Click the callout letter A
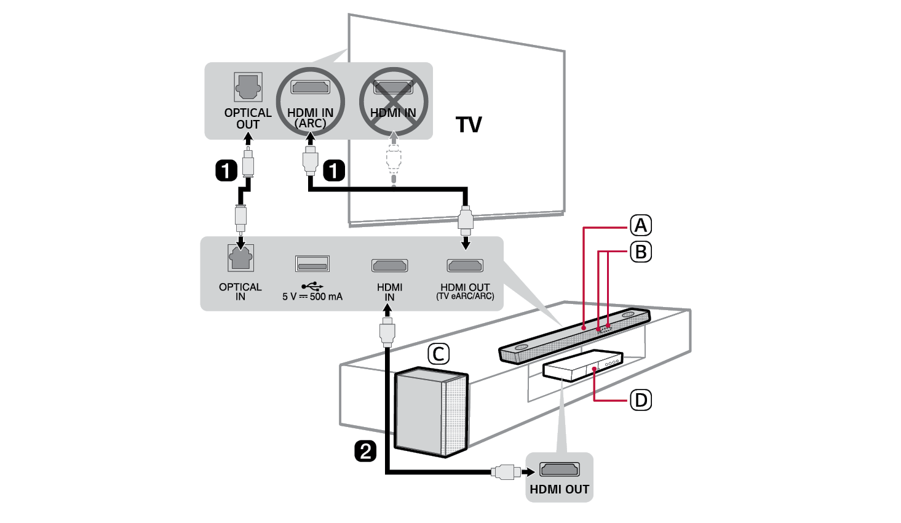point(641,226)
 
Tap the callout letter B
point(641,252)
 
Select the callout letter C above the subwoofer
point(439,354)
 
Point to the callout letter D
point(641,401)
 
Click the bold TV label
point(469,125)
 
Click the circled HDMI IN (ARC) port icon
point(310,87)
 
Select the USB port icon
point(312,264)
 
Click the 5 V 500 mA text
point(312,297)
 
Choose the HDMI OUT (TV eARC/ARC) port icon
point(465,266)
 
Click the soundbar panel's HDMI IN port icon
point(389,266)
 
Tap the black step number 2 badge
point(365,451)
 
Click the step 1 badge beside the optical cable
point(226,170)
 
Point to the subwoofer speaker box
point(431,412)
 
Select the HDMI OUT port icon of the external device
point(559,470)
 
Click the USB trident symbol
point(312,286)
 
